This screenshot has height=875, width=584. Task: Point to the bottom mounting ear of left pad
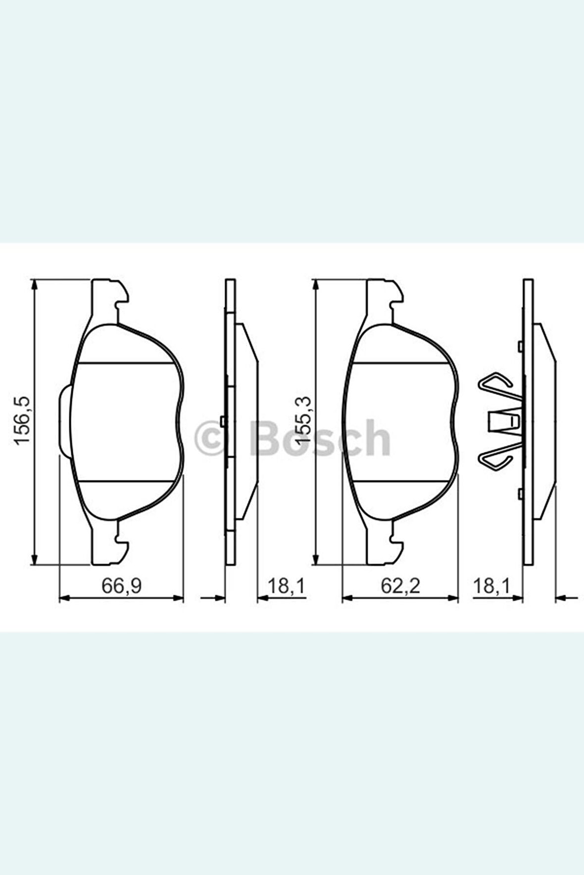pos(109,549)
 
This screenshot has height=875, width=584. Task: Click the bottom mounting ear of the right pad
pos(383,549)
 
